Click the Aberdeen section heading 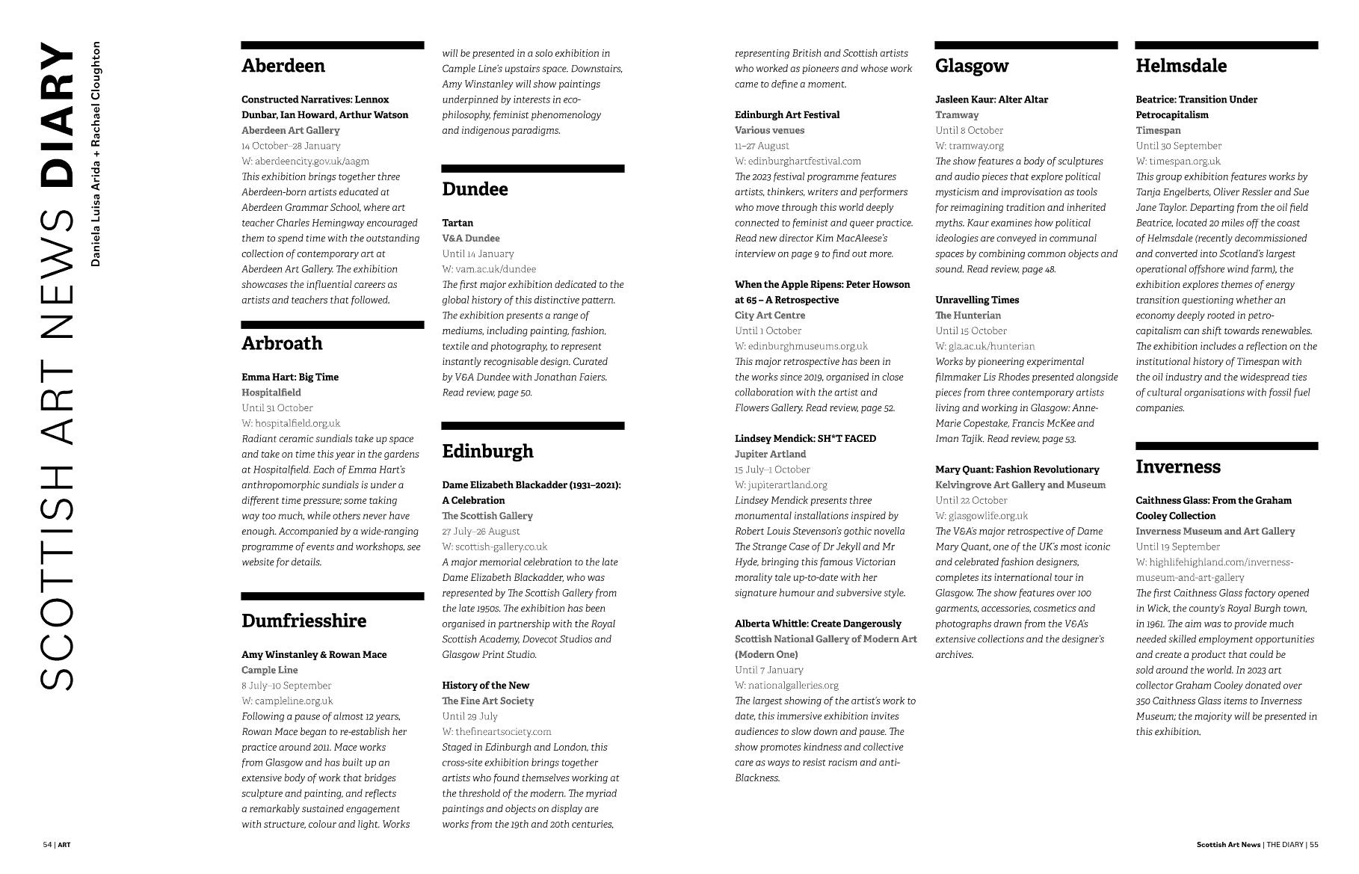coord(283,66)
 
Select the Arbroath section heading coord(282,343)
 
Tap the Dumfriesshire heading coord(303,621)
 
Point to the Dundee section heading coord(475,189)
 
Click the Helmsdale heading coord(1181,66)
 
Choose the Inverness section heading coord(1178,467)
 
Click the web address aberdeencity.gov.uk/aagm coord(305,161)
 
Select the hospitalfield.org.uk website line coord(291,423)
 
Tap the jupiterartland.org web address coord(781,484)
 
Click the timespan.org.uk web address coord(1178,161)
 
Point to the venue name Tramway coord(957,114)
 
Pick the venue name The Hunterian coord(968,316)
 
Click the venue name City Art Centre coord(770,316)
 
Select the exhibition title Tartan coord(457,223)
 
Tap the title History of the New coord(485,685)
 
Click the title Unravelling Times coord(977,300)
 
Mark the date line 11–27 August coord(762,146)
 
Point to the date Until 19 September coord(1178,547)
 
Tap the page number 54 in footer coord(47,845)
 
